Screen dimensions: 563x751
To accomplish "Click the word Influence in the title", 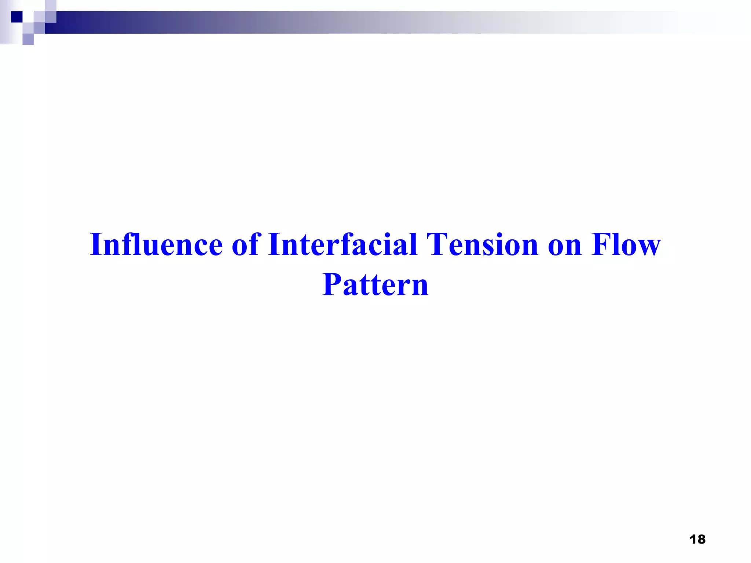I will coord(156,244).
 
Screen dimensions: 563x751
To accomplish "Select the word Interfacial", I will coord(342,244).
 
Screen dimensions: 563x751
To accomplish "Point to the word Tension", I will coord(482,244).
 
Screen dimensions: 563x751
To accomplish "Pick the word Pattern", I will coord(375,284).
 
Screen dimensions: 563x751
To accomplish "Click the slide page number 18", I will coord(697,539).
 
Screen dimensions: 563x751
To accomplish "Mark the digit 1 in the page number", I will coord(693,539).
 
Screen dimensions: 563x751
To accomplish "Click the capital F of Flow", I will coord(601,244).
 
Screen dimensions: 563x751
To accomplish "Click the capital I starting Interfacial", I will coord(274,244).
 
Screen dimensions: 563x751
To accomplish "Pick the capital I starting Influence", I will coord(96,244).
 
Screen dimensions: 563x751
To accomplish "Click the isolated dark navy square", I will coord(17,17).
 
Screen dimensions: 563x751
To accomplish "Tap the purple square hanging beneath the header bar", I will coord(28,39).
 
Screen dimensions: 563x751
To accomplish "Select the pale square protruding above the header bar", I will coord(51,5).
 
